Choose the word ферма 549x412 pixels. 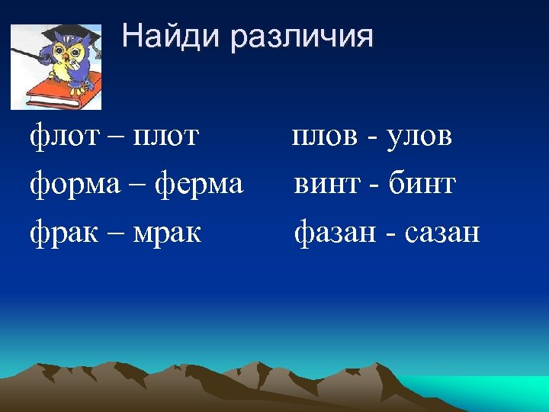(x=199, y=184)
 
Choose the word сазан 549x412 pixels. (x=442, y=232)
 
